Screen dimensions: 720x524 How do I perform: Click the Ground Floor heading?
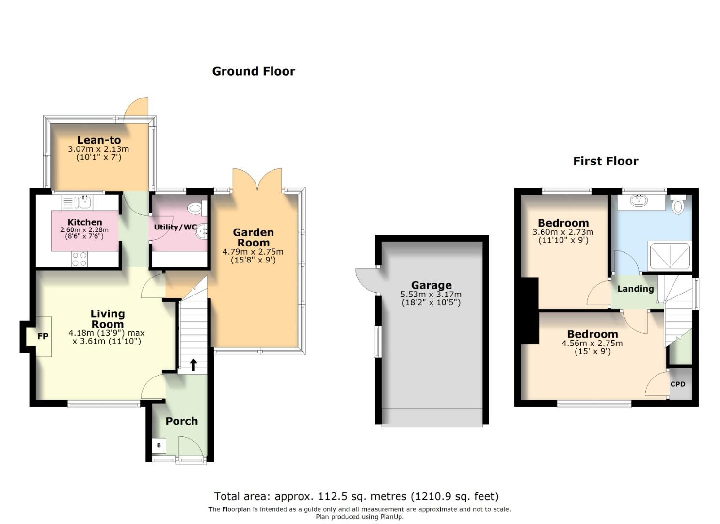253,71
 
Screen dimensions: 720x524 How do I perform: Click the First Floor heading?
606,161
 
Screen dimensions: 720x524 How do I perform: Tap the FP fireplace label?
43,336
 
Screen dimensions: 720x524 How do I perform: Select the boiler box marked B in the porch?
159,445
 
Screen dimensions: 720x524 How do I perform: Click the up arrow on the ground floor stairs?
193,365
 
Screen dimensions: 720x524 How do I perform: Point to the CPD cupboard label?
677,384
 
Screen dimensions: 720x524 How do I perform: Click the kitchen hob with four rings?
80,259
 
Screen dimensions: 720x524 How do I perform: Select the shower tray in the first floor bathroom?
670,256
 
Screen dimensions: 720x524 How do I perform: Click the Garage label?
432,285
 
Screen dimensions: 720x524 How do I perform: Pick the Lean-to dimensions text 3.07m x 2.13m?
98,149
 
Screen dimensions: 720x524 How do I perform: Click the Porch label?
182,421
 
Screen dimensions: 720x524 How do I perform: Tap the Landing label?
636,289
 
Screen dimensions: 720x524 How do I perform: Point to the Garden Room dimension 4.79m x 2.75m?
253,251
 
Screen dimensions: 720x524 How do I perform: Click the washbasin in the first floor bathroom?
639,201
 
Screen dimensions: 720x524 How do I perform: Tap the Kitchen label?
85,222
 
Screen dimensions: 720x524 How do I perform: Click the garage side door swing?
367,280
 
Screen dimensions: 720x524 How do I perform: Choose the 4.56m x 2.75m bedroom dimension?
592,343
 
